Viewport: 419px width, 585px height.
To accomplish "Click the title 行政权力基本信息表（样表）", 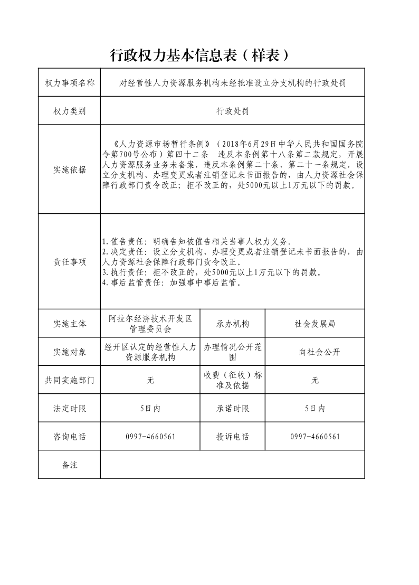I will (x=200, y=55).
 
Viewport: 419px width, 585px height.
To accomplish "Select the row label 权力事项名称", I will (x=69, y=83).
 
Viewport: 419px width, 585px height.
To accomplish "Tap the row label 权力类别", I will (x=69, y=111).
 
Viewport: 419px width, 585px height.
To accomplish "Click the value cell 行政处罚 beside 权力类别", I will (x=232, y=111).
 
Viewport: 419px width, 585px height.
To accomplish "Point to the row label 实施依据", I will (x=69, y=169).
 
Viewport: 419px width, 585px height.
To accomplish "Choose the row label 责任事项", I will (x=69, y=262).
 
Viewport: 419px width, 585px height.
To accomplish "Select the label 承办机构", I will (x=232, y=324).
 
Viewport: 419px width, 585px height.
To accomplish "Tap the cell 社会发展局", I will (x=315, y=324).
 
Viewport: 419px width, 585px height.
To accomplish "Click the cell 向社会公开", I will (x=315, y=352).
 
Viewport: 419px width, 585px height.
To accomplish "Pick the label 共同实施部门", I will (x=69, y=380).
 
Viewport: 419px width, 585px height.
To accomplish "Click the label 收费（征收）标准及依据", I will (x=232, y=380).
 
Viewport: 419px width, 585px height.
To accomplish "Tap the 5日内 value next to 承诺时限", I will (x=315, y=408).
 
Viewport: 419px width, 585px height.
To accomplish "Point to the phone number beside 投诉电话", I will (x=315, y=437).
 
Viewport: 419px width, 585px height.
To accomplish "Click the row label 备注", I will (x=69, y=465).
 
